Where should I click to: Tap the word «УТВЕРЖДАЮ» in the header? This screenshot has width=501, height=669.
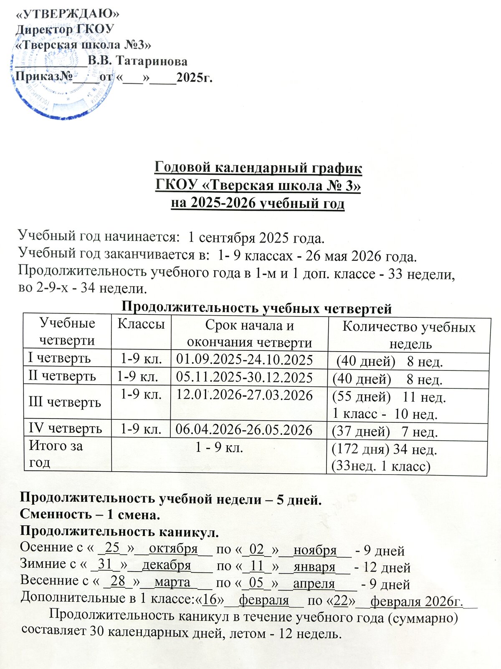[67, 14]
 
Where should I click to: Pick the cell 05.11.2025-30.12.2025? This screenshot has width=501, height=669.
[245, 378]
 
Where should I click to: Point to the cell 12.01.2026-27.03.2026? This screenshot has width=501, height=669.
[245, 395]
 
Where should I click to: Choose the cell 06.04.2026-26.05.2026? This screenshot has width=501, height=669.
[244, 429]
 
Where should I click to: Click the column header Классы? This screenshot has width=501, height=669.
[141, 324]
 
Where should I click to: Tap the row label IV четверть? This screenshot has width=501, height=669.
[65, 429]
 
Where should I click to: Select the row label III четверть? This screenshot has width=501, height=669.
[65, 402]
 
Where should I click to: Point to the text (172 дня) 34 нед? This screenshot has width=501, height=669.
[384, 449]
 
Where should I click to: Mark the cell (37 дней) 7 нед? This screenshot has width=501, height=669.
[384, 432]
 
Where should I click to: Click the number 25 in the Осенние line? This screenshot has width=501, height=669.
[112, 547]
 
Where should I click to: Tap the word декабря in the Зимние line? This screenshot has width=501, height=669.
[167, 565]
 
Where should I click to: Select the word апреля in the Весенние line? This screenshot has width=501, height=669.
[314, 583]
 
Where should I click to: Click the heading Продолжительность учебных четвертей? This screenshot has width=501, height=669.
[256, 309]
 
